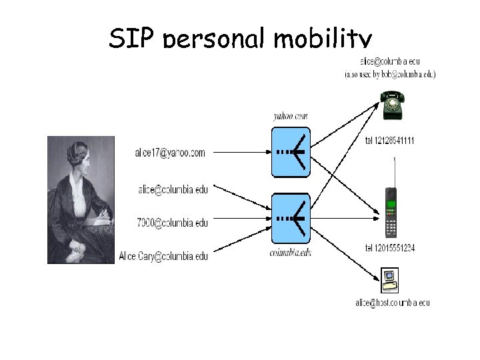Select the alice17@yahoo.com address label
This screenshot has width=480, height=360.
(171, 153)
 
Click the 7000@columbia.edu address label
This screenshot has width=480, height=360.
(173, 222)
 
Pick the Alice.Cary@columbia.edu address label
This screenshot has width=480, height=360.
(163, 255)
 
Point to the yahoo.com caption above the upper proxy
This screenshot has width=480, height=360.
(291, 116)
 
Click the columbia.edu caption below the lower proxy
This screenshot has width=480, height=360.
(291, 253)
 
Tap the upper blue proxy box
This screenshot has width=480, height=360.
(291, 153)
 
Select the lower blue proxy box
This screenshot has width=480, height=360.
(291, 218)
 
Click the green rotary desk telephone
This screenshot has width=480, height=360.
(391, 105)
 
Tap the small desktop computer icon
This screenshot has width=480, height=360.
(389, 280)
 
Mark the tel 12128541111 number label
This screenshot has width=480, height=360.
(390, 140)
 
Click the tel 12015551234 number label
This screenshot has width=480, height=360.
(391, 248)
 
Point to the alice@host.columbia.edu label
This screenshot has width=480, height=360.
(392, 303)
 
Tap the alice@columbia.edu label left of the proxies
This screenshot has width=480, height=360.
(173, 189)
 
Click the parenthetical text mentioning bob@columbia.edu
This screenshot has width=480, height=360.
(390, 75)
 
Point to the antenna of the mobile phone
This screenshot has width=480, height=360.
(396, 170)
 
